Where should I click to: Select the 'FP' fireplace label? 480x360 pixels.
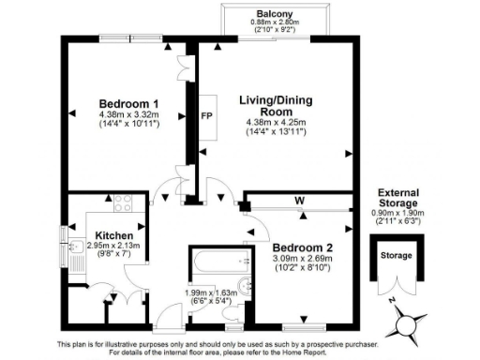click(206, 118)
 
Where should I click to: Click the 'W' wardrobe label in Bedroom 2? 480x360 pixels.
click(297, 200)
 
